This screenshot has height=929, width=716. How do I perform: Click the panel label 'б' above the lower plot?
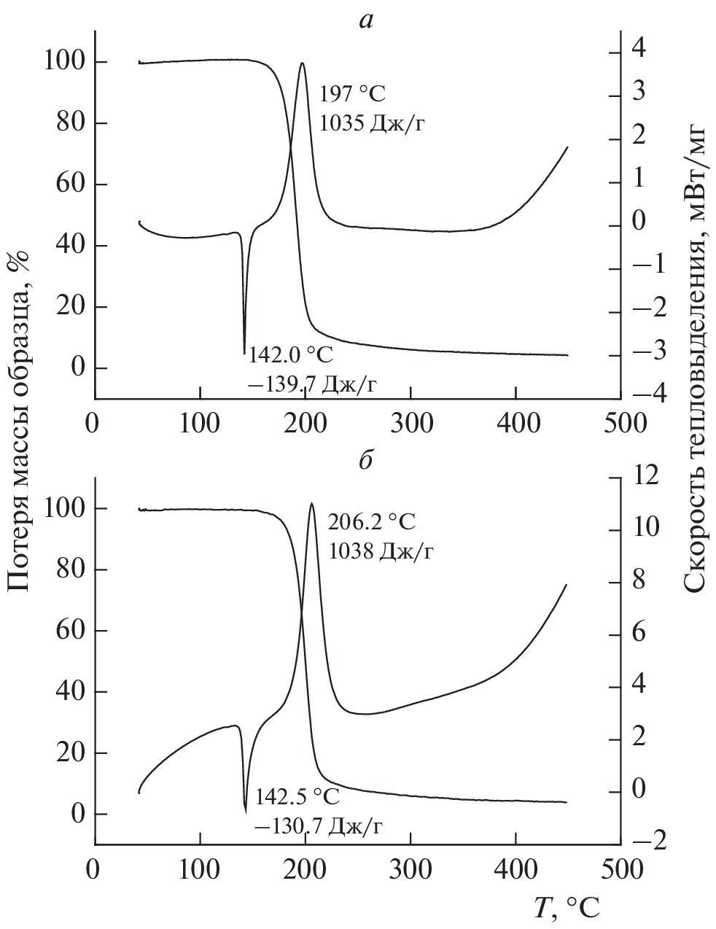[366, 461]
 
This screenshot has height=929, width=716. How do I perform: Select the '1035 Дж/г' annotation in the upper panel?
[372, 123]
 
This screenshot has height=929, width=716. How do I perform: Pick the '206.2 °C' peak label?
[372, 522]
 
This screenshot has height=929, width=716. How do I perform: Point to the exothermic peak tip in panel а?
[302, 63]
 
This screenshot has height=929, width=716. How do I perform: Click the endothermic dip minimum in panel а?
[244, 354]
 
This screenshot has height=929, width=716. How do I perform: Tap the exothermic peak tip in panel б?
[312, 503]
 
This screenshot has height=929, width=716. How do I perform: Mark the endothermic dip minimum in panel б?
[246, 810]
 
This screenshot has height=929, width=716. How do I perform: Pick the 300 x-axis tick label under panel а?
[410, 423]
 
